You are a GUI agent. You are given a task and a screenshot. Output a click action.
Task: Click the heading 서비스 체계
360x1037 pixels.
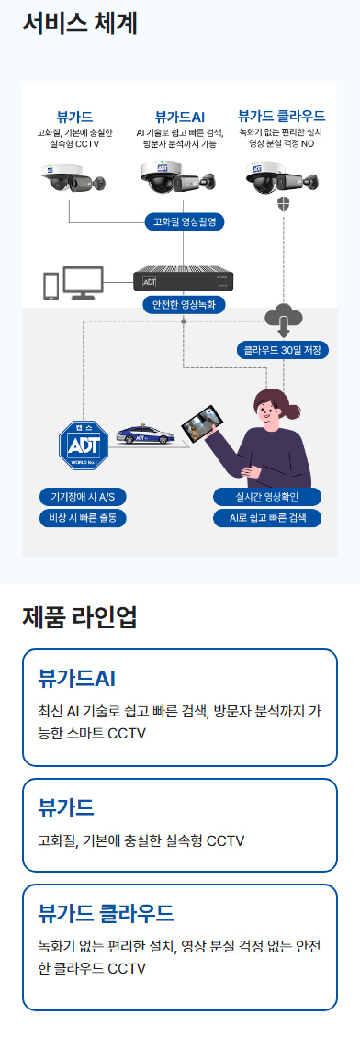pos(80,23)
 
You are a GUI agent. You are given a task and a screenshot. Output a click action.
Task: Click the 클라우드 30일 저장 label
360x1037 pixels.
pos(281,350)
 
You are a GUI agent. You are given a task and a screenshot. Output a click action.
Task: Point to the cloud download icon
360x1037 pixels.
pos(283,319)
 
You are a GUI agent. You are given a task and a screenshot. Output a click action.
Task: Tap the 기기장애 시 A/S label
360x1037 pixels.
pos(83,497)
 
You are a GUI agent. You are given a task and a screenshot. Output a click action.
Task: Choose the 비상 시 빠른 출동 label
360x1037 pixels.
pos(83,517)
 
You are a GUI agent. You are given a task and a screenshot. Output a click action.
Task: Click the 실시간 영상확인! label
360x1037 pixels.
pos(268,497)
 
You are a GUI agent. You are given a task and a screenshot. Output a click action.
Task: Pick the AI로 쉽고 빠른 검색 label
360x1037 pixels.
pos(268,517)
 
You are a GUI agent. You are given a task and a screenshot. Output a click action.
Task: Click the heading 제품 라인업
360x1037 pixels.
pos(80,617)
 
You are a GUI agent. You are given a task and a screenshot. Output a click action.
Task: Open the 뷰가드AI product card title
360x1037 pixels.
pos(76,679)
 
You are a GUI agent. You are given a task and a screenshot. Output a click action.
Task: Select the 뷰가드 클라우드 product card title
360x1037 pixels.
pos(106,913)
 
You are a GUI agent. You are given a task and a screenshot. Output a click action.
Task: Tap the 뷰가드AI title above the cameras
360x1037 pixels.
pos(180,117)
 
